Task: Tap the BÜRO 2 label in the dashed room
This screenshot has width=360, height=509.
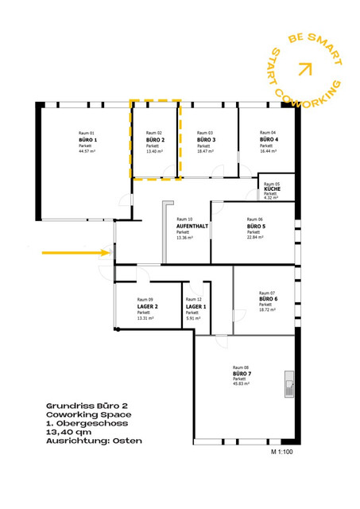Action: (x=155, y=139)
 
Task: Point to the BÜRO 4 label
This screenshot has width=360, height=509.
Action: (x=269, y=139)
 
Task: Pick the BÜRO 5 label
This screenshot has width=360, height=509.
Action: (x=257, y=226)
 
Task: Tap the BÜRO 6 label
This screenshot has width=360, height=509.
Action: (x=269, y=299)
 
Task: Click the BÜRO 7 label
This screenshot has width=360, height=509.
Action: (x=242, y=373)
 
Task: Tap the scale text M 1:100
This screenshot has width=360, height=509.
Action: (x=283, y=452)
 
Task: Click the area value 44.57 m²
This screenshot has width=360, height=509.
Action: (x=87, y=150)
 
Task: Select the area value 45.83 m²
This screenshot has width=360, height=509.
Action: (x=242, y=384)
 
